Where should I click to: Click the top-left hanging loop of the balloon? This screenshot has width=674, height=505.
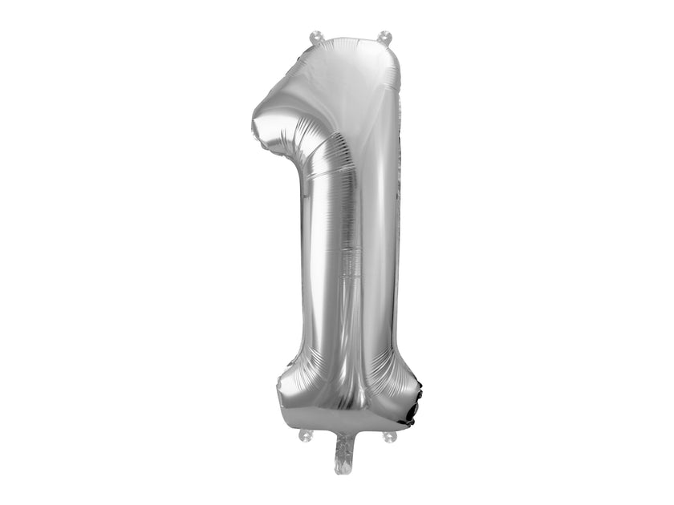pyautogui.click(x=315, y=37)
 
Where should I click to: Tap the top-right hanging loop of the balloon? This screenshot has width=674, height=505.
pyautogui.click(x=384, y=37)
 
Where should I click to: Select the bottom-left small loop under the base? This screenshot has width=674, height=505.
pyautogui.click(x=305, y=435)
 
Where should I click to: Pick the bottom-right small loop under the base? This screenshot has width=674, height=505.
pyautogui.click(x=389, y=437)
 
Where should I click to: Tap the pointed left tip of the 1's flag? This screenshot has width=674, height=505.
pyautogui.click(x=255, y=125)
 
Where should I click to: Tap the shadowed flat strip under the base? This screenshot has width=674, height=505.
pyautogui.click(x=345, y=421)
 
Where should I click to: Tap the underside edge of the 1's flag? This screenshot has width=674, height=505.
pyautogui.click(x=277, y=148)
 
